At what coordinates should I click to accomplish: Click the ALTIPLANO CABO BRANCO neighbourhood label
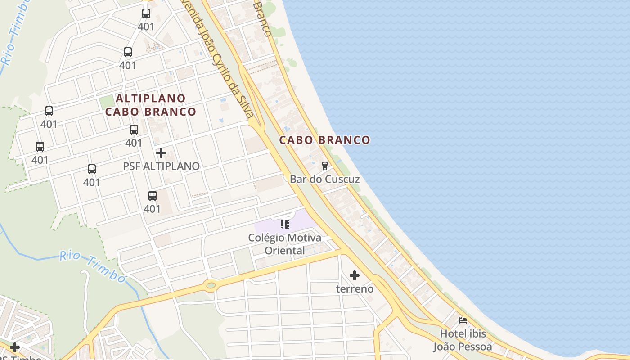pyautogui.click(x=151, y=105)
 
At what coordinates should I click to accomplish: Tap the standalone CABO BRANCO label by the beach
pyautogui.click(x=324, y=140)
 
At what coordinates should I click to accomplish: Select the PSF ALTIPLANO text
pyautogui.click(x=161, y=166)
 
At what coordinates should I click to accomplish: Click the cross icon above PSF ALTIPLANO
pyautogui.click(x=161, y=153)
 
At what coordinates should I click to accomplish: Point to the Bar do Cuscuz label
pyautogui.click(x=324, y=179)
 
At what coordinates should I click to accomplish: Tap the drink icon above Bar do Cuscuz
pyautogui.click(x=324, y=166)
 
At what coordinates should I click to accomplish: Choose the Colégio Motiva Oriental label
pyautogui.click(x=284, y=244)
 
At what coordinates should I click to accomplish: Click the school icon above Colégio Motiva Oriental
pyautogui.click(x=284, y=224)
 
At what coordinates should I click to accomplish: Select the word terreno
pyautogui.click(x=355, y=288)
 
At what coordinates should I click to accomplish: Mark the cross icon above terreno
pyautogui.click(x=355, y=275)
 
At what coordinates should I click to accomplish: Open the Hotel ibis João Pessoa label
pyautogui.click(x=463, y=340)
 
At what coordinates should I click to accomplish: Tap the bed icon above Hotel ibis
pyautogui.click(x=463, y=320)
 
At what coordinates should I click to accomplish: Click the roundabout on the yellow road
pyautogui.click(x=210, y=285)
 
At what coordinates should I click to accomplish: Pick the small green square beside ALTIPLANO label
pyautogui.click(x=106, y=102)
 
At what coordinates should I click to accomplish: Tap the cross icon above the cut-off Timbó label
pyautogui.click(x=15, y=347)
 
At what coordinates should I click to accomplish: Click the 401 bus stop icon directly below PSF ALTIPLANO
pyautogui.click(x=153, y=196)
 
